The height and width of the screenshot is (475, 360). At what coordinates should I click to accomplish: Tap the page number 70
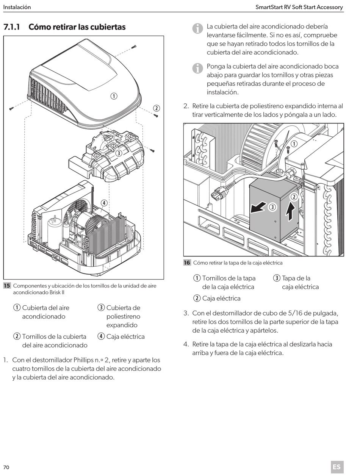click(x=6, y=467)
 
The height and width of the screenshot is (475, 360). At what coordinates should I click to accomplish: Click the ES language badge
click(x=337, y=467)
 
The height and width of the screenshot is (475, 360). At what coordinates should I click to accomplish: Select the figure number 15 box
click(x=7, y=286)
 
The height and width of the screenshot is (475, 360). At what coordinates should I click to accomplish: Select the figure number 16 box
click(x=187, y=262)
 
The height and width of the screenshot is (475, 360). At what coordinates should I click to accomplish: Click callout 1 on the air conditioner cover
click(x=113, y=96)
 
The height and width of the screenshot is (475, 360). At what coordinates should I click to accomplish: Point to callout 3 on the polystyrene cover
click(x=119, y=153)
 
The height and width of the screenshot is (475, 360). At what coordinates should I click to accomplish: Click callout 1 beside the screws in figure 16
click(x=294, y=144)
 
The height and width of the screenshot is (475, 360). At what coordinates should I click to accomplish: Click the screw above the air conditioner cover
click(x=134, y=47)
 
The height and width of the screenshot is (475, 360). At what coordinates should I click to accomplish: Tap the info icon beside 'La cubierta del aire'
click(x=197, y=28)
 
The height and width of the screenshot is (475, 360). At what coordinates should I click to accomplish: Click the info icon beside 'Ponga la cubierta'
click(x=197, y=68)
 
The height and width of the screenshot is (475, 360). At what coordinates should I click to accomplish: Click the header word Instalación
click(x=17, y=7)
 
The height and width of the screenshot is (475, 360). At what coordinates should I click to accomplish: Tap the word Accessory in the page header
click(x=329, y=7)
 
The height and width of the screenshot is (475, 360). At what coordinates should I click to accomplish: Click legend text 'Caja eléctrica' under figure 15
click(x=125, y=336)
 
